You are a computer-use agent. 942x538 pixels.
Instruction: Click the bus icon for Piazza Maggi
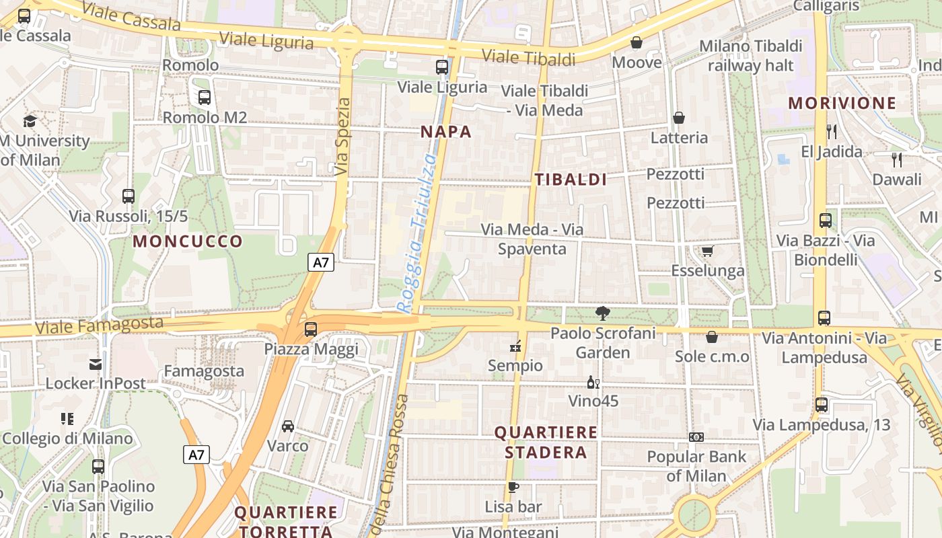[310, 330]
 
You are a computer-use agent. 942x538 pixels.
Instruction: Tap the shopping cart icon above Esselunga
[707, 251]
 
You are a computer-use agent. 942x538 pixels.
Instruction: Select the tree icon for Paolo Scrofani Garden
[602, 313]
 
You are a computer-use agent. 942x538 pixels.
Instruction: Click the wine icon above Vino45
[593, 382]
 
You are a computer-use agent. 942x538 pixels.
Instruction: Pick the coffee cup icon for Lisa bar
[513, 487]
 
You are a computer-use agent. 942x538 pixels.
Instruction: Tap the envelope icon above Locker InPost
[95, 364]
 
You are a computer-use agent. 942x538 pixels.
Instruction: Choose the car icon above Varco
[288, 426]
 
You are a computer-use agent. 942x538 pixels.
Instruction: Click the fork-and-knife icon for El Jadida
[832, 132]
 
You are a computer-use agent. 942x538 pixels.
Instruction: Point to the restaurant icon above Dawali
[896, 160]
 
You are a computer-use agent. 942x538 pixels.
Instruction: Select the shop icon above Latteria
[679, 118]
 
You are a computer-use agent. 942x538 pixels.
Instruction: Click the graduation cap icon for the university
[30, 121]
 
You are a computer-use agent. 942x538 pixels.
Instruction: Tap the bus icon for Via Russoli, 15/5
[129, 196]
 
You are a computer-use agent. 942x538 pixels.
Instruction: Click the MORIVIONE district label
[842, 103]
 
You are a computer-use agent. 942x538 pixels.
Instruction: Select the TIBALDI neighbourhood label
[571, 180]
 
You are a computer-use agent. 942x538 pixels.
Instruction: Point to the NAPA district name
[446, 132]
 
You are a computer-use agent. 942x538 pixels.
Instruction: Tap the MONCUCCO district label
[188, 241]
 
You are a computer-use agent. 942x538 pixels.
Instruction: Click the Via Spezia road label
[343, 138]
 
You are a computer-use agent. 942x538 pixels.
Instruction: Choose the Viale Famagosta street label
[99, 326]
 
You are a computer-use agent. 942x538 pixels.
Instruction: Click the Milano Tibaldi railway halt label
[751, 56]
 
